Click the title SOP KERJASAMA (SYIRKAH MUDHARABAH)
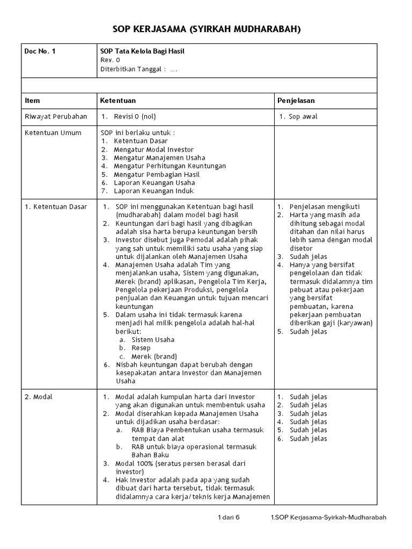(x=206, y=28)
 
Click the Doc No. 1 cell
(x=40, y=51)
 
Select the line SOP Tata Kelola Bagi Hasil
(x=142, y=51)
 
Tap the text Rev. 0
(x=110, y=60)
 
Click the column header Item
(x=32, y=100)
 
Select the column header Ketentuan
(x=118, y=100)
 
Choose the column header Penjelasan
(x=296, y=100)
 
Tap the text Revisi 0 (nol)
(x=135, y=116)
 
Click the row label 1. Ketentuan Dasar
(x=55, y=207)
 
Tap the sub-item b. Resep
(x=141, y=348)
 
